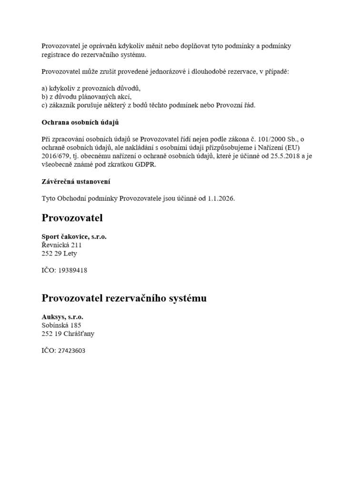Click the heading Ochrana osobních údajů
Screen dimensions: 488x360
point(80,122)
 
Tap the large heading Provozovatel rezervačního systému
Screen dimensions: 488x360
point(124,298)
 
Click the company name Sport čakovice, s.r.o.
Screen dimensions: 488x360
point(74,236)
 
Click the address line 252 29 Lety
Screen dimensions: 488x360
point(59,254)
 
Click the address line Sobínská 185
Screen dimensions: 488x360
point(61,325)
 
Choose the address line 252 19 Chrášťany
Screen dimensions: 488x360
point(68,334)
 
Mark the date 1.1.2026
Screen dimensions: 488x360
point(221,198)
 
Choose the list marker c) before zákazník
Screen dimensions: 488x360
point(45,105)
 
